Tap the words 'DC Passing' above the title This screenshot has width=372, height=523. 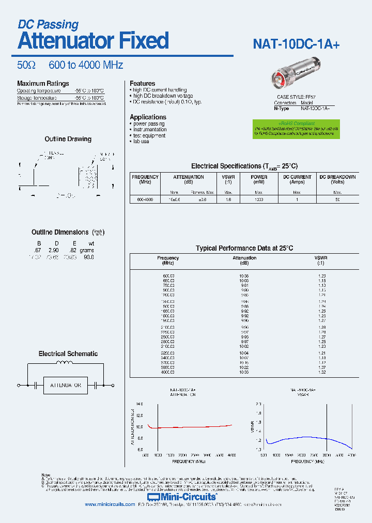[x=48, y=24]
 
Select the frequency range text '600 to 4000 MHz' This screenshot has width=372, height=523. [x=86, y=65]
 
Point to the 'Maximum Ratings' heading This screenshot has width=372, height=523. [x=43, y=84]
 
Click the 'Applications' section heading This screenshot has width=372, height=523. [x=148, y=117]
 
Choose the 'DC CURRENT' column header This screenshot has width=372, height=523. [x=297, y=177]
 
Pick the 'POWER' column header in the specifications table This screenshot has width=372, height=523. [x=259, y=177]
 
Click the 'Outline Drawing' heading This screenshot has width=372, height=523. [x=68, y=139]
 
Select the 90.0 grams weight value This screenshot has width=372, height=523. [x=89, y=257]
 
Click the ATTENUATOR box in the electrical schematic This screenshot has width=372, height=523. [x=65, y=385]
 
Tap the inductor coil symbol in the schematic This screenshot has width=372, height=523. [x=65, y=369]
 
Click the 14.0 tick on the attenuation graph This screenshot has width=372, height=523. [x=139, y=404]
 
